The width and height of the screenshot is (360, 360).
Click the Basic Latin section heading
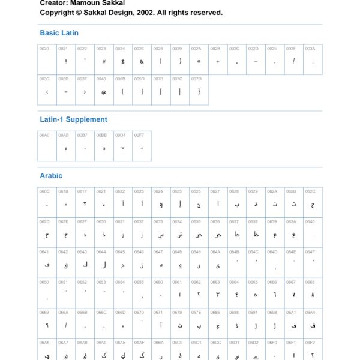point(59,33)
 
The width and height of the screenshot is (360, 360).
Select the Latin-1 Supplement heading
point(73,119)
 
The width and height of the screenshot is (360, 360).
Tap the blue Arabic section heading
point(51,176)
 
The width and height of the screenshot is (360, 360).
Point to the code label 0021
point(63,48)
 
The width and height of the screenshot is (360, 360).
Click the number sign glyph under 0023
point(104,61)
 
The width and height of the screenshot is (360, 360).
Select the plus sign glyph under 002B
point(218,61)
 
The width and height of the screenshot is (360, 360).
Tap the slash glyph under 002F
point(293,61)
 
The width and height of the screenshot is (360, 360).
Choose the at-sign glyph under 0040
point(104,92)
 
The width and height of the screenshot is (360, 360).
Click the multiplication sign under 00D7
point(122,148)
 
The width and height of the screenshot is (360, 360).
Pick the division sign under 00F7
point(142,148)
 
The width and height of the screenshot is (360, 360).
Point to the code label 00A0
point(44,135)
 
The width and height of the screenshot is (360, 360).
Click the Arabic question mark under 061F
point(85,205)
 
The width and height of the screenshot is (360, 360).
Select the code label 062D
point(44,221)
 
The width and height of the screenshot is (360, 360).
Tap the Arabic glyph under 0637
point(236,235)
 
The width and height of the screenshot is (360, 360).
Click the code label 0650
point(44,281)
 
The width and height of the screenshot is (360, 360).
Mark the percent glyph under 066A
point(66,325)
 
